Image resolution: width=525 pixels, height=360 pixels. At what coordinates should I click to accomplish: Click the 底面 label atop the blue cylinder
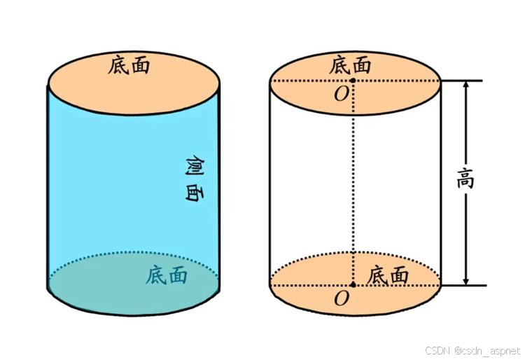point(130,66)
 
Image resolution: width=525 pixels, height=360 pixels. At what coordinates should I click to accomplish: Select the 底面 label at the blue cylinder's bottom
point(167,275)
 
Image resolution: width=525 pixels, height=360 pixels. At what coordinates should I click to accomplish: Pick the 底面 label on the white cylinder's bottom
point(388,275)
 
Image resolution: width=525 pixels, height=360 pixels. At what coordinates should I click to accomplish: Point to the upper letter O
point(341,95)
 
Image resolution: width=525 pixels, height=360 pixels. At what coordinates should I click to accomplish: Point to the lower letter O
point(341,299)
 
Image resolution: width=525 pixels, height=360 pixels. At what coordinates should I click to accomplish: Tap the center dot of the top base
point(353,81)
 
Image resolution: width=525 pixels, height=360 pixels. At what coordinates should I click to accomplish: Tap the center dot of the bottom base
point(353,285)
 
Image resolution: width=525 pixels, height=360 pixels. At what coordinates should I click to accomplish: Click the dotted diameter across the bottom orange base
point(308,285)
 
